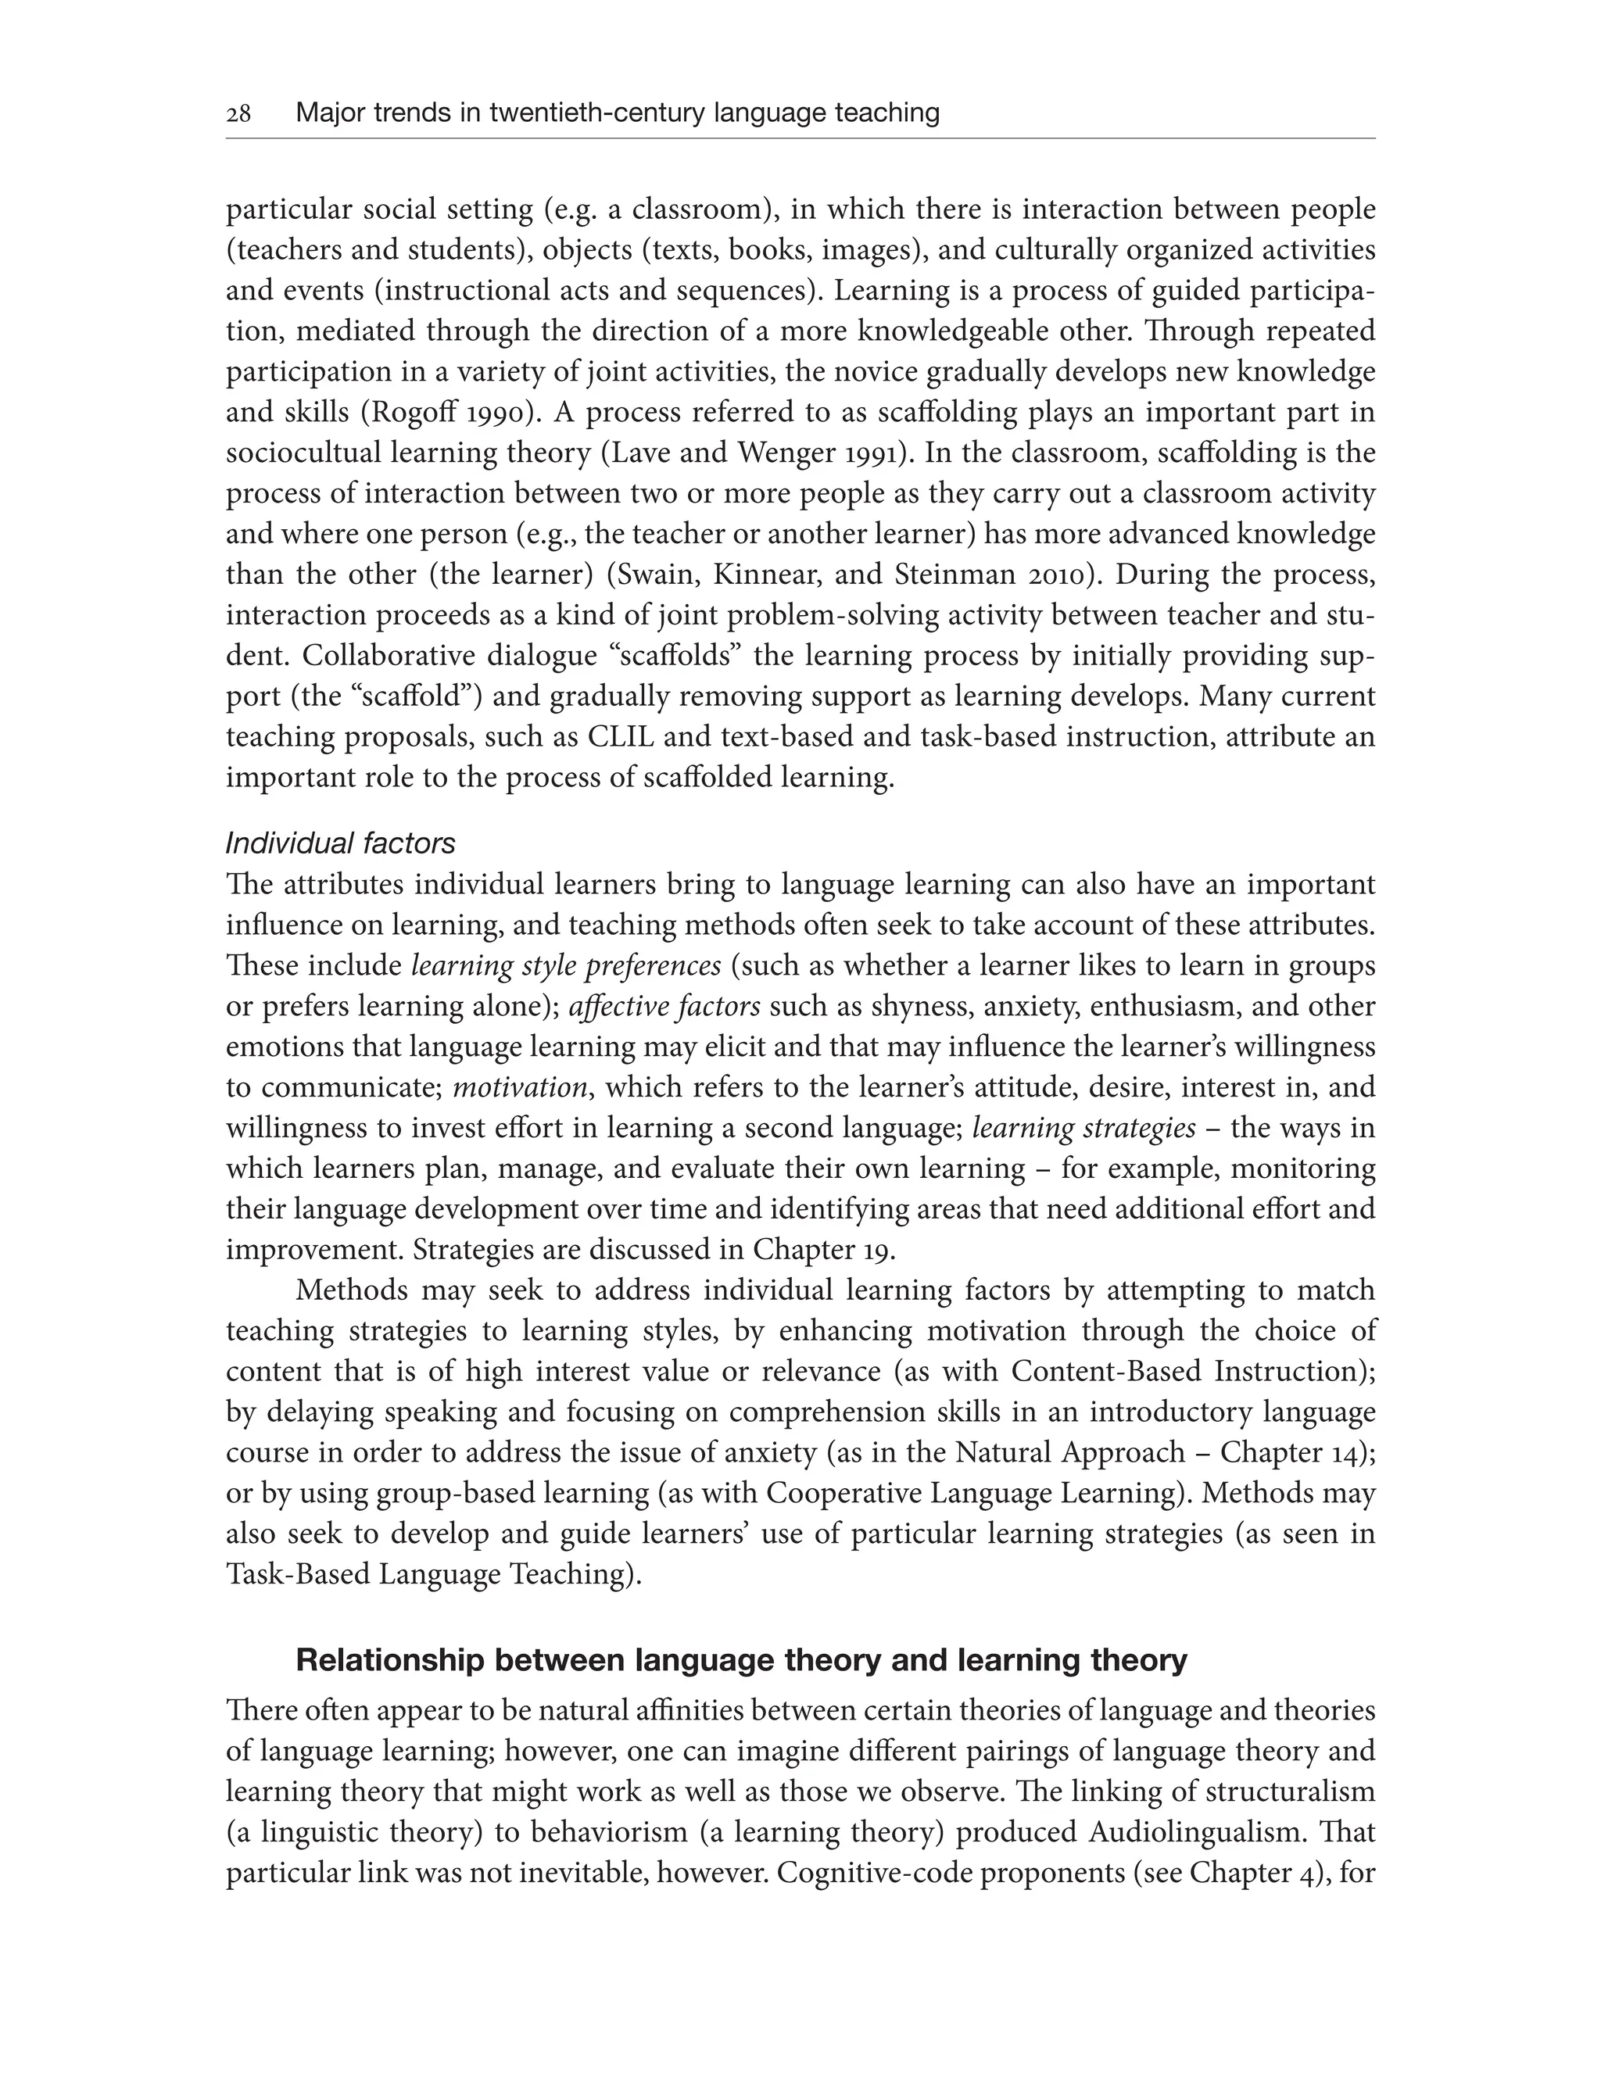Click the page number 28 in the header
tap(238, 114)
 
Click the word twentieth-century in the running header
tap(596, 113)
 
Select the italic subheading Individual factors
tap(340, 843)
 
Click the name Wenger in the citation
tap(786, 453)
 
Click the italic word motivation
tap(519, 1087)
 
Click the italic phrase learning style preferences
tap(566, 965)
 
